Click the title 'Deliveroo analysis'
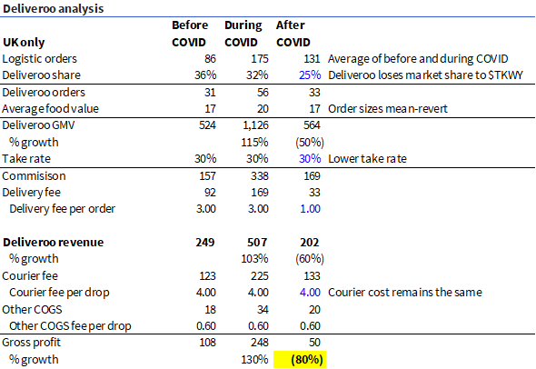[x=53, y=9]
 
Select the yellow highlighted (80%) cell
[x=299, y=359]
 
